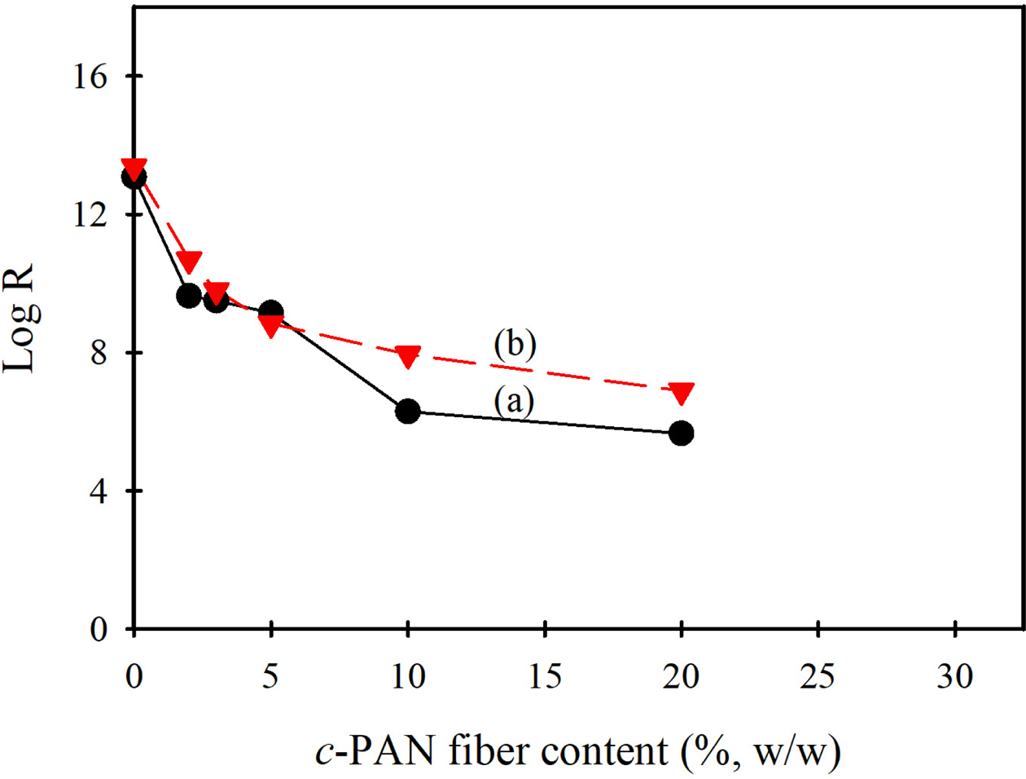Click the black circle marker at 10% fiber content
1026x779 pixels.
(x=407, y=412)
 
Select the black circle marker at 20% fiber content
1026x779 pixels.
(x=681, y=433)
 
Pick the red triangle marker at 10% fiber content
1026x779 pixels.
(x=407, y=355)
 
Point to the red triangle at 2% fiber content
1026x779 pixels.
(x=189, y=262)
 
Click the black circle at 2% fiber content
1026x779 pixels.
(x=189, y=295)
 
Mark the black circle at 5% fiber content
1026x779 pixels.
(x=271, y=311)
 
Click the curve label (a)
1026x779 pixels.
(x=514, y=401)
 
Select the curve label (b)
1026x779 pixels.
(x=515, y=345)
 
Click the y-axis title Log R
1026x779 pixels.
(x=20, y=319)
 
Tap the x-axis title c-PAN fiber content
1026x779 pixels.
(x=577, y=751)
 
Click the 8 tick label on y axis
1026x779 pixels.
(x=99, y=354)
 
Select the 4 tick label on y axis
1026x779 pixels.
(x=99, y=491)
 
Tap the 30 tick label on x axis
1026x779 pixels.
(x=954, y=677)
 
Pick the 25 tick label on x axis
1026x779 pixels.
(x=818, y=677)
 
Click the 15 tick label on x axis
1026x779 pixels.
(x=544, y=677)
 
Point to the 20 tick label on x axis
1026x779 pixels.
(x=681, y=677)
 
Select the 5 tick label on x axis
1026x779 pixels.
(x=271, y=677)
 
